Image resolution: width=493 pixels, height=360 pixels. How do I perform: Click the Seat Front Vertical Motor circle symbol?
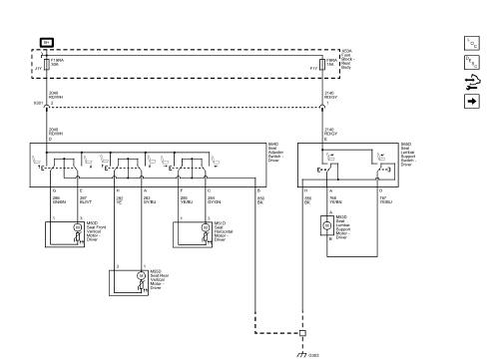tap(78, 228)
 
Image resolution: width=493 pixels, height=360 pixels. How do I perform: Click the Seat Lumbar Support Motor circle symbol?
tap(326, 224)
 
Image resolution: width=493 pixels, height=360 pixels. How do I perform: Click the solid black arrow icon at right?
tap(472, 101)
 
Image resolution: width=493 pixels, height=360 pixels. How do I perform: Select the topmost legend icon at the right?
tap(472, 44)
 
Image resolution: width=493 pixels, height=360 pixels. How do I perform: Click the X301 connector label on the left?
tap(37, 103)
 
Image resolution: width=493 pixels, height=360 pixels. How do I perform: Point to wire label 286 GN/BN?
tap(57, 199)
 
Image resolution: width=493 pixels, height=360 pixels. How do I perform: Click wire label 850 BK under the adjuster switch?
tap(261, 199)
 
